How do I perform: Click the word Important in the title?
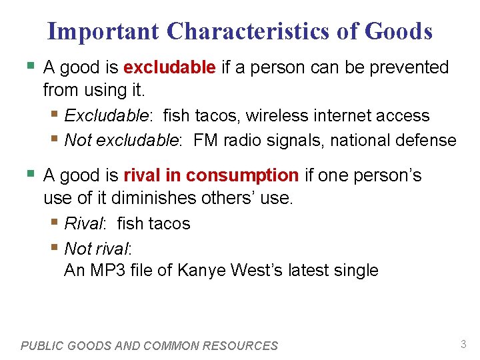(x=103, y=31)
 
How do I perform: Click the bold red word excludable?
(x=169, y=67)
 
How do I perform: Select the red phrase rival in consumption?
(x=211, y=175)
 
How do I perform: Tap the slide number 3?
(x=463, y=344)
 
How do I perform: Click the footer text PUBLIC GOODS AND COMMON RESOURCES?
(x=149, y=345)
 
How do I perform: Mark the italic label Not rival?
(x=97, y=249)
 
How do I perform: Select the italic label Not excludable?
(x=123, y=140)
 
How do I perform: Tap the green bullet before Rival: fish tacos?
(x=55, y=223)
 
